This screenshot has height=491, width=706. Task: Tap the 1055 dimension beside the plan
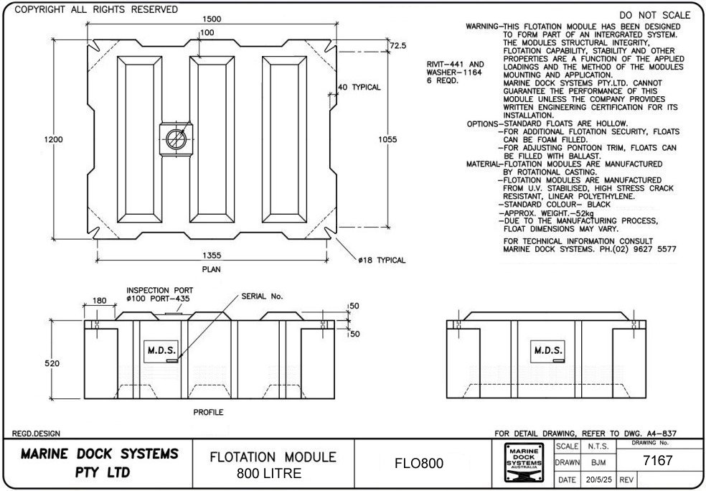(387, 139)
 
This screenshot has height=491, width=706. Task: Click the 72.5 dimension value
(398, 45)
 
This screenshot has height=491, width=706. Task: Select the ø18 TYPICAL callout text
(382, 261)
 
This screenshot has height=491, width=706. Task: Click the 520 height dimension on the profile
(52, 364)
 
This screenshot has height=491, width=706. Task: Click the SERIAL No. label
(263, 296)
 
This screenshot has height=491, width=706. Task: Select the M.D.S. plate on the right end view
(547, 350)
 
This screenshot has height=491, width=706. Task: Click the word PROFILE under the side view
(208, 413)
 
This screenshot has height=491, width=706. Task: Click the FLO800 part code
(420, 464)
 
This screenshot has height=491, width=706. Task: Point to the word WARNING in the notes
(482, 26)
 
